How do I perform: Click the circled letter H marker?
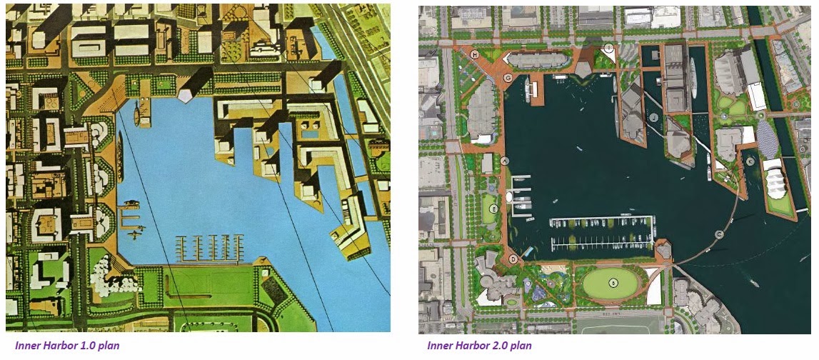coord(474,54)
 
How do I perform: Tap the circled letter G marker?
coord(508,78)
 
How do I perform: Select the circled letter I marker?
coord(608,48)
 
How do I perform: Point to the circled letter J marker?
coord(653,116)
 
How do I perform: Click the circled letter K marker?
coord(750,161)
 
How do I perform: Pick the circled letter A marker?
coord(506,161)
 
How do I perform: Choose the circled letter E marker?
coord(494,209)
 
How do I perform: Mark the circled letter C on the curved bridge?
coord(719,234)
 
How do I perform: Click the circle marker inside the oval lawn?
coord(613,284)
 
